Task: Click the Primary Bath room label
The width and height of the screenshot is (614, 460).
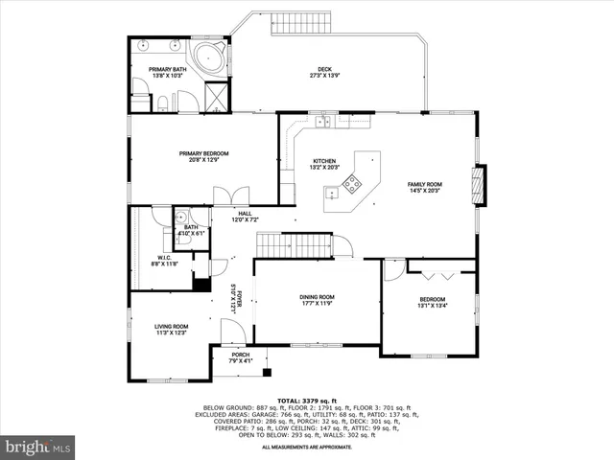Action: tap(167, 72)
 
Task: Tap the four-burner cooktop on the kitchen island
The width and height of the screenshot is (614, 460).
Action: tap(352, 182)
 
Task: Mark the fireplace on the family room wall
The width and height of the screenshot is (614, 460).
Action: tap(479, 185)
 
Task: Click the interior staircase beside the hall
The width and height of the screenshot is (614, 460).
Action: tap(293, 245)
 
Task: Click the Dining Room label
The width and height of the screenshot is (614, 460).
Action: tap(316, 300)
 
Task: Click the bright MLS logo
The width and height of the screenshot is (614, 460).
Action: tap(37, 447)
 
